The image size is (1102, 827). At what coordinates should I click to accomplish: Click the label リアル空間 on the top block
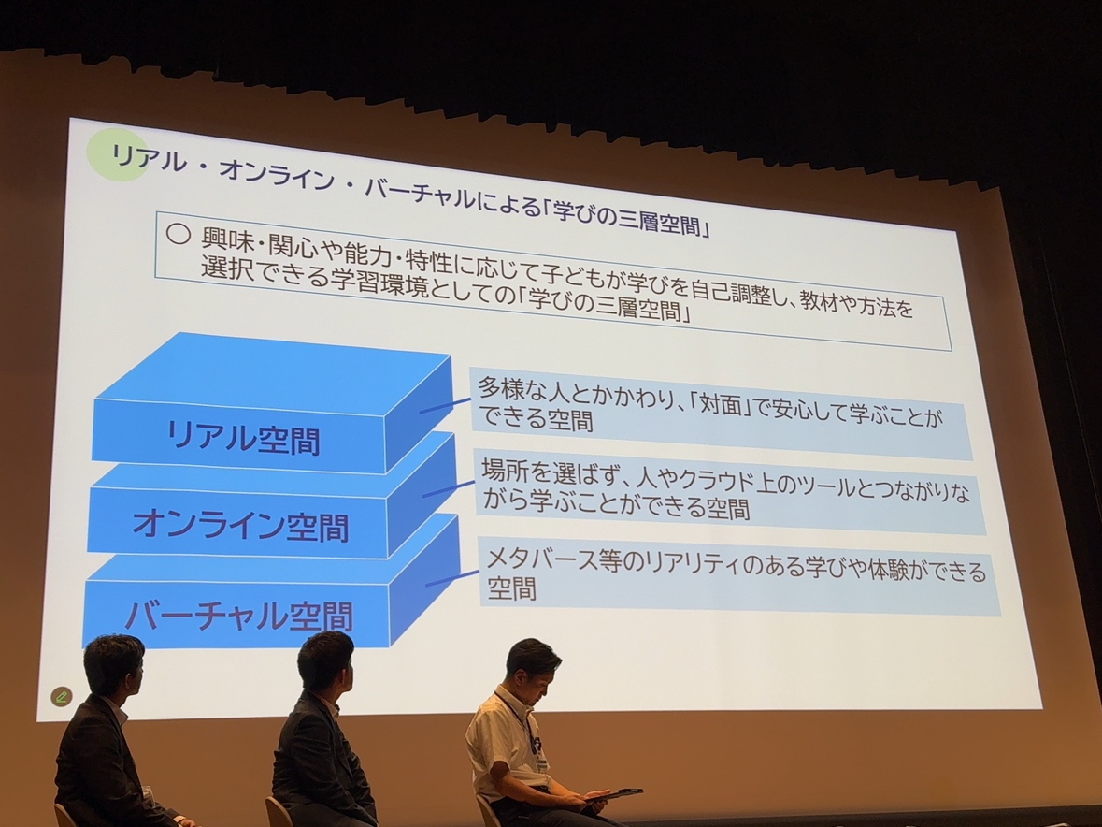pyautogui.click(x=243, y=438)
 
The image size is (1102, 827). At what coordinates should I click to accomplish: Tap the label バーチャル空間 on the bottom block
pyautogui.click(x=239, y=615)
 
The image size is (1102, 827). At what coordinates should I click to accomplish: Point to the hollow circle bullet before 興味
pyautogui.click(x=179, y=234)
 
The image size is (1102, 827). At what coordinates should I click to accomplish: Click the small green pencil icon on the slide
pyautogui.click(x=61, y=696)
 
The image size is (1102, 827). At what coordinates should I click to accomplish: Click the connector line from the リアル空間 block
pyautogui.click(x=445, y=406)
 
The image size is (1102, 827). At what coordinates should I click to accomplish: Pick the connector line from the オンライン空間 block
pyautogui.click(x=449, y=488)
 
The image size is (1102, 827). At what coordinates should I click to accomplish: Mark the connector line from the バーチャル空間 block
pyautogui.click(x=452, y=578)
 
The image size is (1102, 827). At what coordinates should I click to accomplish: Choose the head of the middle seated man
pyautogui.click(x=325, y=662)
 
